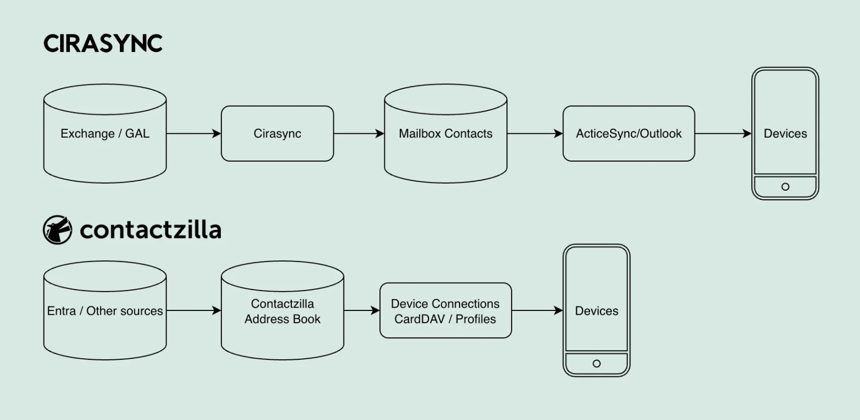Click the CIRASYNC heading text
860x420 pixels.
103,44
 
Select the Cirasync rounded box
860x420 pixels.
277,134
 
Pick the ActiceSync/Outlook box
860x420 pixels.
628,134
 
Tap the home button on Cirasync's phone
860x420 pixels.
785,187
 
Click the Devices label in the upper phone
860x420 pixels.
785,134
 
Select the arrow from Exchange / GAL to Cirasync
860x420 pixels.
193,134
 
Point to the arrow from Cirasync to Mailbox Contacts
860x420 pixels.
359,134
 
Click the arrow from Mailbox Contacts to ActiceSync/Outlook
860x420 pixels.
535,134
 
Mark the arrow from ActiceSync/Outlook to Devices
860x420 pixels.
723,134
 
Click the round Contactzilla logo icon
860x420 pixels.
58,230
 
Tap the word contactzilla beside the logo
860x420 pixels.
150,230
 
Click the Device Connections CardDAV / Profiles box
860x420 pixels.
446,311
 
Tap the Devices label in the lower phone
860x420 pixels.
597,311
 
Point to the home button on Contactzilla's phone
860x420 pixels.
597,364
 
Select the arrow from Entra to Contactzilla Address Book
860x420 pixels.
193,310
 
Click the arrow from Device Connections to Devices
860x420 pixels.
537,310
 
